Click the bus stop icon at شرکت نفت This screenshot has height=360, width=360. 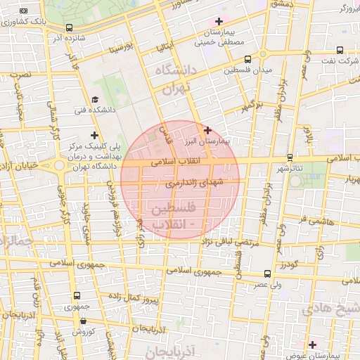click(x=340, y=50)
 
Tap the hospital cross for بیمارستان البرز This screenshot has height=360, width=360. click(x=207, y=130)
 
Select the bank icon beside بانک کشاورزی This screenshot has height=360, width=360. click(x=24, y=11)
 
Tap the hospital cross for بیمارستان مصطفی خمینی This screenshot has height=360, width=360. click(x=219, y=21)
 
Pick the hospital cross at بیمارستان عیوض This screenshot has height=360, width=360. click(x=312, y=345)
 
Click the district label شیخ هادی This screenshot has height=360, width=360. click(x=332, y=309)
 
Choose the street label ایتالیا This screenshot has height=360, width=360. click(x=162, y=49)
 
